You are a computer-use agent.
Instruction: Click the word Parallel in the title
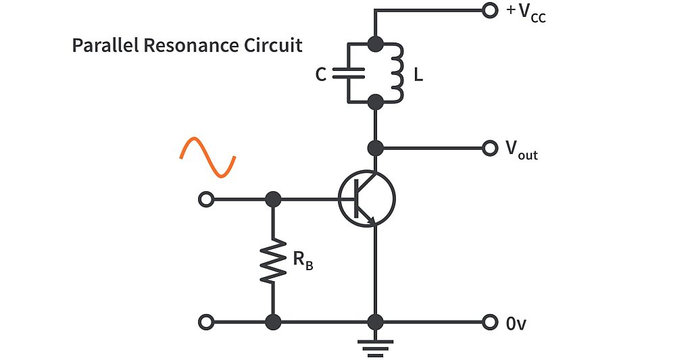coord(102,46)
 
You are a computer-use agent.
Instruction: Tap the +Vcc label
coord(526,13)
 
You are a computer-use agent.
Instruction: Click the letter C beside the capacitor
coord(321,75)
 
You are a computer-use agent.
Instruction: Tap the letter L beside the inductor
coord(418,75)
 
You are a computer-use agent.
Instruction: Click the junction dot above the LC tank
coord(376,45)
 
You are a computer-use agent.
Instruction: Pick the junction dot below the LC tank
coord(376,103)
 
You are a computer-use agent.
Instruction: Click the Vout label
coord(521,149)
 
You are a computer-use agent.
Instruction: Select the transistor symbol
coord(367,199)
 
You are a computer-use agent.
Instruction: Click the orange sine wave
coord(207,157)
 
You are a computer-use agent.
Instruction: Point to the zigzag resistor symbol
coord(273,260)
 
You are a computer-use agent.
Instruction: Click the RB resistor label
coord(302,260)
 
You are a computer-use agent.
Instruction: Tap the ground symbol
coord(376,347)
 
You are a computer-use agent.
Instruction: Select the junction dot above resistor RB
coord(273,199)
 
